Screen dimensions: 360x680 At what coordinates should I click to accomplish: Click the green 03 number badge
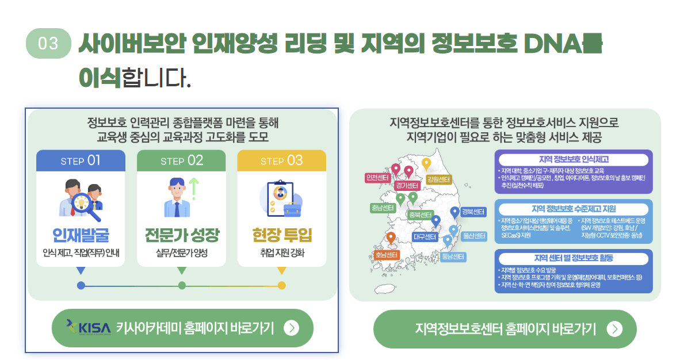tap(48, 44)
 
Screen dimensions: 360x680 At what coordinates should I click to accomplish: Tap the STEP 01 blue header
tap(81, 160)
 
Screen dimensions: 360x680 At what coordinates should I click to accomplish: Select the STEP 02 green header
tap(181, 160)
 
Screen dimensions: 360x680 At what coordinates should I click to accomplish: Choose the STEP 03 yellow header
tap(281, 160)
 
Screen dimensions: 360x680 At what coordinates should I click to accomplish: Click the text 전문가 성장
tap(181, 236)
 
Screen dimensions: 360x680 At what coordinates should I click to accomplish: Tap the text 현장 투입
tap(281, 236)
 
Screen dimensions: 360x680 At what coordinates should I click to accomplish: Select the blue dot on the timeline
tap(81, 285)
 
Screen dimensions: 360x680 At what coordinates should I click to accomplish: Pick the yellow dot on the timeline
tap(281, 285)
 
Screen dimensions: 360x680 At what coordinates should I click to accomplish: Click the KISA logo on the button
tap(87, 328)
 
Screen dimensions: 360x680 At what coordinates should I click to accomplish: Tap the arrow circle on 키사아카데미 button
tap(292, 328)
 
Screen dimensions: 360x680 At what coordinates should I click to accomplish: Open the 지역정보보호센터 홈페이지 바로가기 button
tap(505, 329)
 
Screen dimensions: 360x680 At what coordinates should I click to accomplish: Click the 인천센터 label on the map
tap(377, 178)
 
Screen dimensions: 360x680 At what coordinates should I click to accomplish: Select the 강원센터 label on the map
tap(438, 179)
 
